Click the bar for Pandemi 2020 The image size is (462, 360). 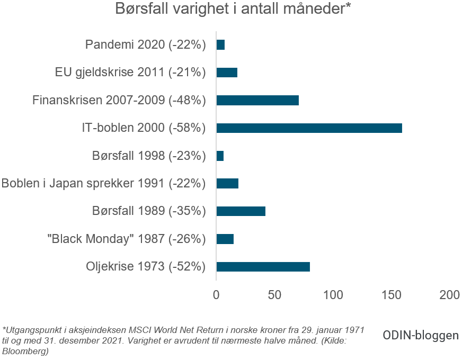pyautogui.click(x=220, y=45)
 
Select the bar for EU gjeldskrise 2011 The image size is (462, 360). pyautogui.click(x=227, y=73)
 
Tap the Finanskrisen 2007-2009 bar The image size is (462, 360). pyautogui.click(x=257, y=100)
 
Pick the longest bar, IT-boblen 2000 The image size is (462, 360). pyautogui.click(x=309, y=128)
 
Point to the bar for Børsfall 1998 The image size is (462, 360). pyautogui.click(x=220, y=156)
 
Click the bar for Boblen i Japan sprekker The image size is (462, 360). pyautogui.click(x=227, y=183)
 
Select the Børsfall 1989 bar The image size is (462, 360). pyautogui.click(x=241, y=211)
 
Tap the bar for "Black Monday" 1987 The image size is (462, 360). pyautogui.click(x=225, y=239)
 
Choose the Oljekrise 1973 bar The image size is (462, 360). pyautogui.click(x=263, y=266)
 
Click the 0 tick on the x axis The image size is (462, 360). pyautogui.click(x=216, y=295)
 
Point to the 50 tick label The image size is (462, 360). pyautogui.click(x=274, y=295)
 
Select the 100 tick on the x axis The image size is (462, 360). pyautogui.click(x=333, y=295)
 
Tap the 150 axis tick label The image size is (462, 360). pyautogui.click(x=392, y=295)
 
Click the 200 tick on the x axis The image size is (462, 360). pyautogui.click(x=450, y=295)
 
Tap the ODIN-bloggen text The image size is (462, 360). pyautogui.click(x=421, y=335)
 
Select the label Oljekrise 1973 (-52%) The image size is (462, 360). pyautogui.click(x=145, y=266)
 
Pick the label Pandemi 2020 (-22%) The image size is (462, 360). pyautogui.click(x=145, y=45)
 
